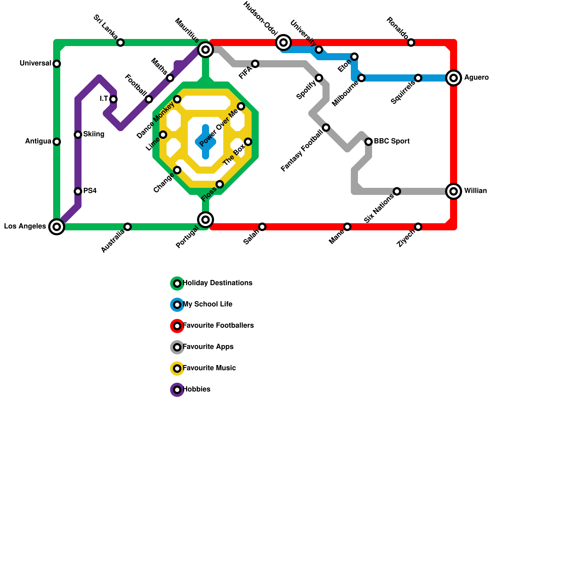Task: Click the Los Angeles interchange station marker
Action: coord(57,227)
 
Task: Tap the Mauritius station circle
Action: coord(206,50)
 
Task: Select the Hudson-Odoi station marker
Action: coord(283,43)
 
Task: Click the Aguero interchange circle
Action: coord(454,78)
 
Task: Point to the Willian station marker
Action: coord(454,191)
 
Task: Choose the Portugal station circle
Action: coord(206,220)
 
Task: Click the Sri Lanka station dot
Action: coord(120,43)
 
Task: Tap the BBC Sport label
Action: coord(392,141)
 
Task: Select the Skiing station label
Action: coord(94,134)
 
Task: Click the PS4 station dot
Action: coord(78,191)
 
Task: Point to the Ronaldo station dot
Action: coord(411,43)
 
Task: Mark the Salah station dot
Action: coord(262,227)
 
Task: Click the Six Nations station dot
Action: coord(397,191)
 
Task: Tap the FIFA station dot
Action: coord(255,64)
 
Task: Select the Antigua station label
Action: coord(38,141)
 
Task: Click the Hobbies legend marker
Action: coord(177,390)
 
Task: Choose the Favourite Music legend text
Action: coord(209,368)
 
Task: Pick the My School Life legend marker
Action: coord(177,305)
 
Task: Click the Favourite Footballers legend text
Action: coord(218,326)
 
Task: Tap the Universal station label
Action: coord(35,63)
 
